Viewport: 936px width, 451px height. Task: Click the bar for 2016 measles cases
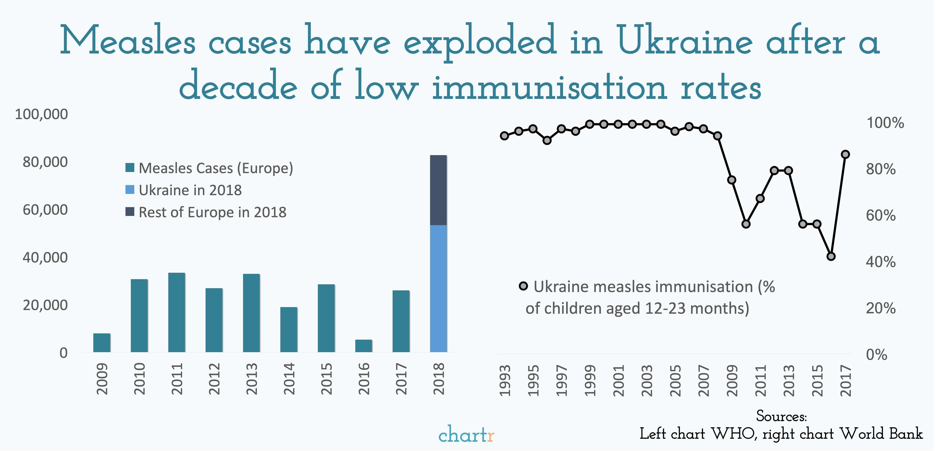[x=364, y=346]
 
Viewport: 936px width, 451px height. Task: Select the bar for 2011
[x=177, y=313]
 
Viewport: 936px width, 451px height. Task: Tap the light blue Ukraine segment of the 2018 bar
[x=438, y=289]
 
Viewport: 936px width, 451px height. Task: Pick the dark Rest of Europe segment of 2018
[x=438, y=190]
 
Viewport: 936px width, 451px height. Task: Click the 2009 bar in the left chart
[x=102, y=343]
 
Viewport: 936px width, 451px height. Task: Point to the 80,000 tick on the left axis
[x=45, y=162]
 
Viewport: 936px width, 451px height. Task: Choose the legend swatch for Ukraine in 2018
[x=130, y=190]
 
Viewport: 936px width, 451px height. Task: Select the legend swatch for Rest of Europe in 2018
[x=130, y=212]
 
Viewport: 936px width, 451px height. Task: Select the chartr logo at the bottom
[x=466, y=435]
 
